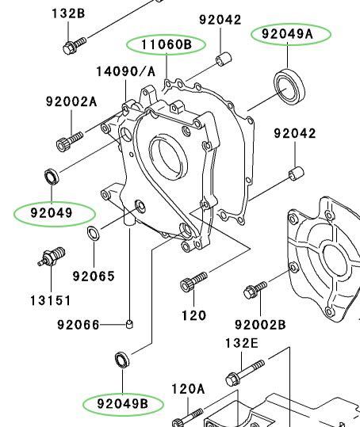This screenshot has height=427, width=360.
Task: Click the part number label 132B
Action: pos(68,13)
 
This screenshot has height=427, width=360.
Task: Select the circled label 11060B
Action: pos(167,44)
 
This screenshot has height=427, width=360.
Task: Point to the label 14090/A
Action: pos(126,71)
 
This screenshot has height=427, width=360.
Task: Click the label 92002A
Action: pos(71,101)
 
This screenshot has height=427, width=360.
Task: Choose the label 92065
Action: pos(94,276)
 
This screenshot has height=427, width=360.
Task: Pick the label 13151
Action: pos(51,301)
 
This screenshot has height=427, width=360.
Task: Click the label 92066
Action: pos(79,325)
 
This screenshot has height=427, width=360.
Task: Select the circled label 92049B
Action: pos(123,404)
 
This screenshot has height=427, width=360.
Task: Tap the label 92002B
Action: pos(260,325)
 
